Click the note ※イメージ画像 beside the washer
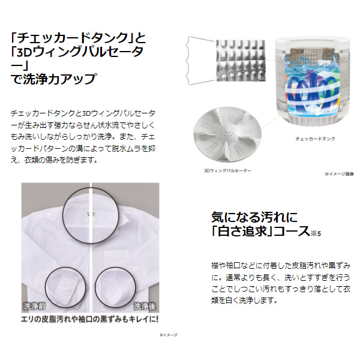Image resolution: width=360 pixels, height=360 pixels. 340,174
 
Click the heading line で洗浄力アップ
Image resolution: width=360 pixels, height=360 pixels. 54,79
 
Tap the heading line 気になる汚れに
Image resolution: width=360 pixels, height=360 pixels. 254,216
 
